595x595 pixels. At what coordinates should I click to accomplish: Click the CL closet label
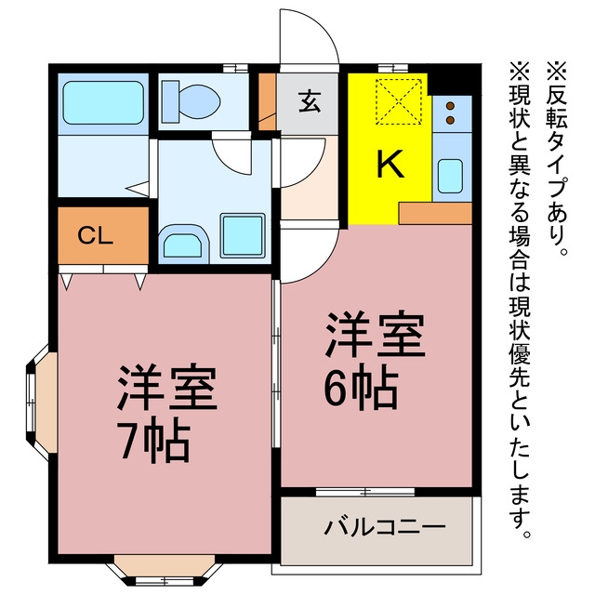[x=95, y=235]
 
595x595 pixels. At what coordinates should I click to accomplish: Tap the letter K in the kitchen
[x=390, y=164]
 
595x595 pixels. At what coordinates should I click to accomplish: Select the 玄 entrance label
[x=310, y=101]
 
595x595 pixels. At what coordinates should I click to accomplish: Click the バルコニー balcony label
[x=384, y=526]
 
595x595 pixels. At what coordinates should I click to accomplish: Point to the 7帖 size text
[x=152, y=440]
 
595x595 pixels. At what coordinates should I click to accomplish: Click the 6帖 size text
[x=361, y=387]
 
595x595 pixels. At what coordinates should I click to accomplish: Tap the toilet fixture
[x=191, y=101]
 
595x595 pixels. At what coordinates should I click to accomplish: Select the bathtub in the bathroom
[x=103, y=102]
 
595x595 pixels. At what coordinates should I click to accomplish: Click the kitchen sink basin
[x=450, y=176]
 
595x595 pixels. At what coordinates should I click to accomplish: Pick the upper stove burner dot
[x=450, y=106]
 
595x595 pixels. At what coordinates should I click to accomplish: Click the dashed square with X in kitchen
[x=399, y=101]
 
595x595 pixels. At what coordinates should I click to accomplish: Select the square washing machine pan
[x=243, y=235]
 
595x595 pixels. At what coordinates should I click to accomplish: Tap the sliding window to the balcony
[x=365, y=492]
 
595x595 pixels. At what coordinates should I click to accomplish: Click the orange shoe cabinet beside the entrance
[x=268, y=101]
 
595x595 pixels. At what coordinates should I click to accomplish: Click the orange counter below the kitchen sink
[x=435, y=213]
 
